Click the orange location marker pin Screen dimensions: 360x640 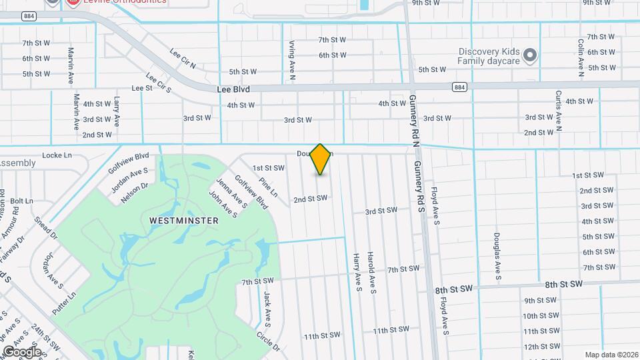pyautogui.click(x=321, y=159)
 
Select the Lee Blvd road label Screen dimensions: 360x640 pyautogui.click(x=233, y=88)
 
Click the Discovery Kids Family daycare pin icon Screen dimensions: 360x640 pyautogui.click(x=530, y=55)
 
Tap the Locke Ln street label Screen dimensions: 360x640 pyautogui.click(x=57, y=155)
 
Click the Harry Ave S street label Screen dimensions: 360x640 pyautogui.click(x=357, y=273)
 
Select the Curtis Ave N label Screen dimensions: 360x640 pyautogui.click(x=559, y=110)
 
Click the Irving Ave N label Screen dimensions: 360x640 pyautogui.click(x=293, y=60)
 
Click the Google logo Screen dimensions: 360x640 pyautogui.click(x=21, y=351)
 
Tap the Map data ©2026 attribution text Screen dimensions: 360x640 pyautogui.click(x=611, y=354)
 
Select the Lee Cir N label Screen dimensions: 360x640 pyautogui.click(x=183, y=58)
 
